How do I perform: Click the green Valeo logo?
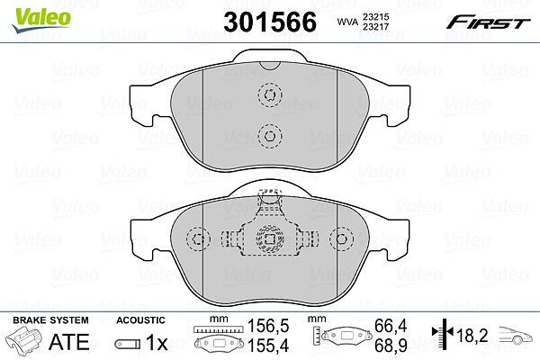[41, 20]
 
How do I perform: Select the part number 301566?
[270, 22]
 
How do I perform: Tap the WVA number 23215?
[374, 16]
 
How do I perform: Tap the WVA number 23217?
[374, 26]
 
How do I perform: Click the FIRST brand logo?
[488, 22]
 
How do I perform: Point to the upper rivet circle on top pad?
[270, 94]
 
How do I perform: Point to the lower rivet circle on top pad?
[270, 135]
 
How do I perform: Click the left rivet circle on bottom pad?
[198, 238]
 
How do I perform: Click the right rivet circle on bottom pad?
[341, 238]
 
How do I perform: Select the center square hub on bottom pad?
[270, 238]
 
